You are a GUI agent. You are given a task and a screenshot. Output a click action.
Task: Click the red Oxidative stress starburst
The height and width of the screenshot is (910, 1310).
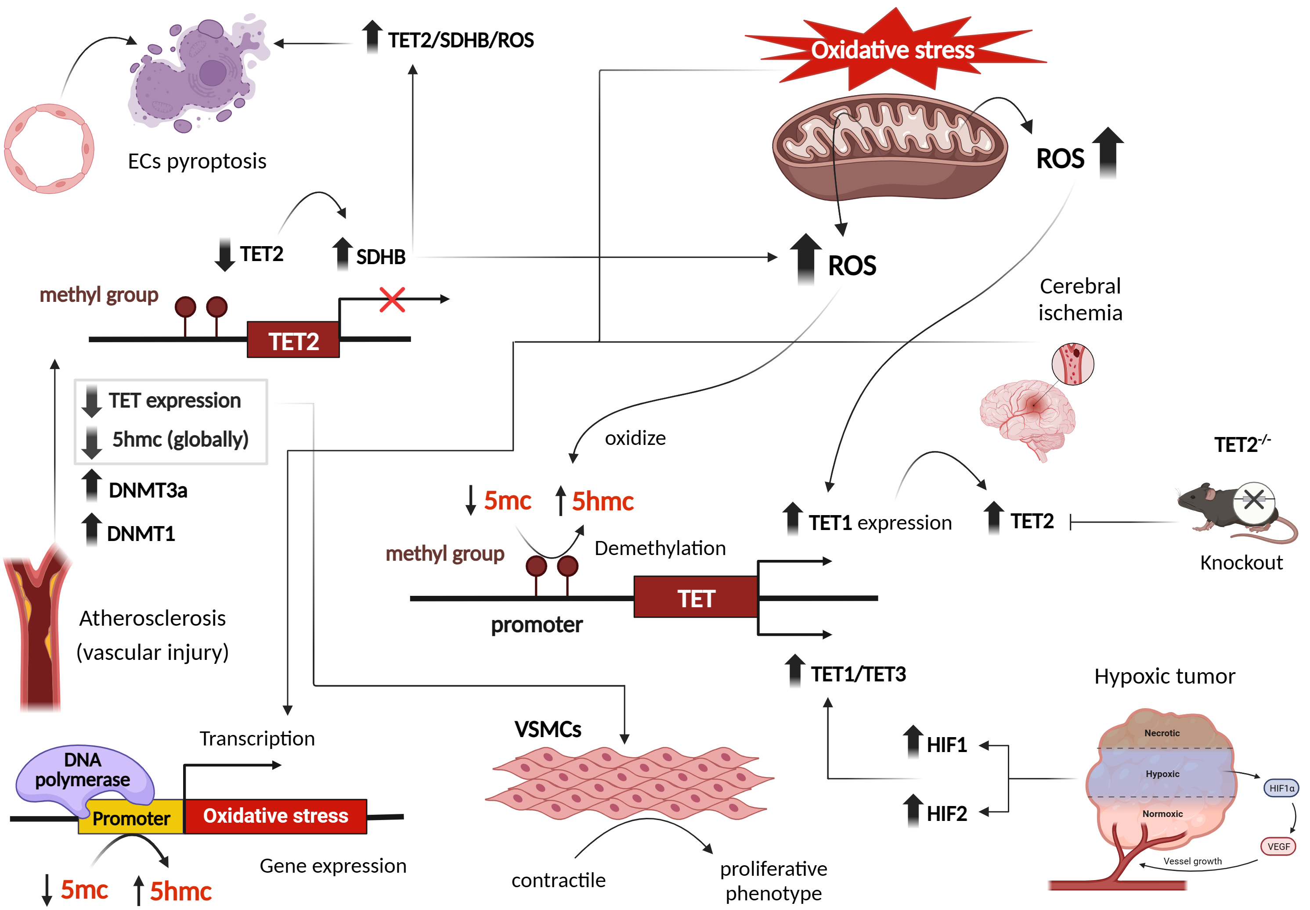coord(893,50)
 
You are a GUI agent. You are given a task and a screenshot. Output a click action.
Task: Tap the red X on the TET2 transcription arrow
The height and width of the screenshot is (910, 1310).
coord(392,299)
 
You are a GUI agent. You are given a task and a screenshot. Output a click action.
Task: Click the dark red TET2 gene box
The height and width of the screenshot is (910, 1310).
coord(293,341)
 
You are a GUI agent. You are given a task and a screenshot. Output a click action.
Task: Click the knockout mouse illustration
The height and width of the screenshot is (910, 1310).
coord(1232,510)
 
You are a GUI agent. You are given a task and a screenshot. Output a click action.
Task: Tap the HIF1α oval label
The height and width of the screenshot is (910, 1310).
coord(1281,788)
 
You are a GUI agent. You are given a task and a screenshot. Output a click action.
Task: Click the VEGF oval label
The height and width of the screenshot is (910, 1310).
coord(1278,846)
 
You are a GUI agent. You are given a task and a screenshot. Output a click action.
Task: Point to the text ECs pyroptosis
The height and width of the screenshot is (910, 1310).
coord(197,161)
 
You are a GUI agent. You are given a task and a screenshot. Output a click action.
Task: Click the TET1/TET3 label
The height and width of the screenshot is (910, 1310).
coord(858,674)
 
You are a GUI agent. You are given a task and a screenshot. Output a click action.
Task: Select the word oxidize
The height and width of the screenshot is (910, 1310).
coord(635,438)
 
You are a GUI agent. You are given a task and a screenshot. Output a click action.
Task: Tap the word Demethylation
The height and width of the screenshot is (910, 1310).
coord(660,548)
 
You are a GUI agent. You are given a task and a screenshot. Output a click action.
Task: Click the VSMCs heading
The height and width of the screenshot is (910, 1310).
coord(548,729)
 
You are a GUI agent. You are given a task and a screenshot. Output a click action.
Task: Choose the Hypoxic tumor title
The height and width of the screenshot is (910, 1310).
coord(1165,676)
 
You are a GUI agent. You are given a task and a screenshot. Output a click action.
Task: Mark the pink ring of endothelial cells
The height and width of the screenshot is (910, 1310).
coord(49,148)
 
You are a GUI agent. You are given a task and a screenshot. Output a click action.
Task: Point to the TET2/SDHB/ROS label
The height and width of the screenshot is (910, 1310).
coord(460,40)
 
